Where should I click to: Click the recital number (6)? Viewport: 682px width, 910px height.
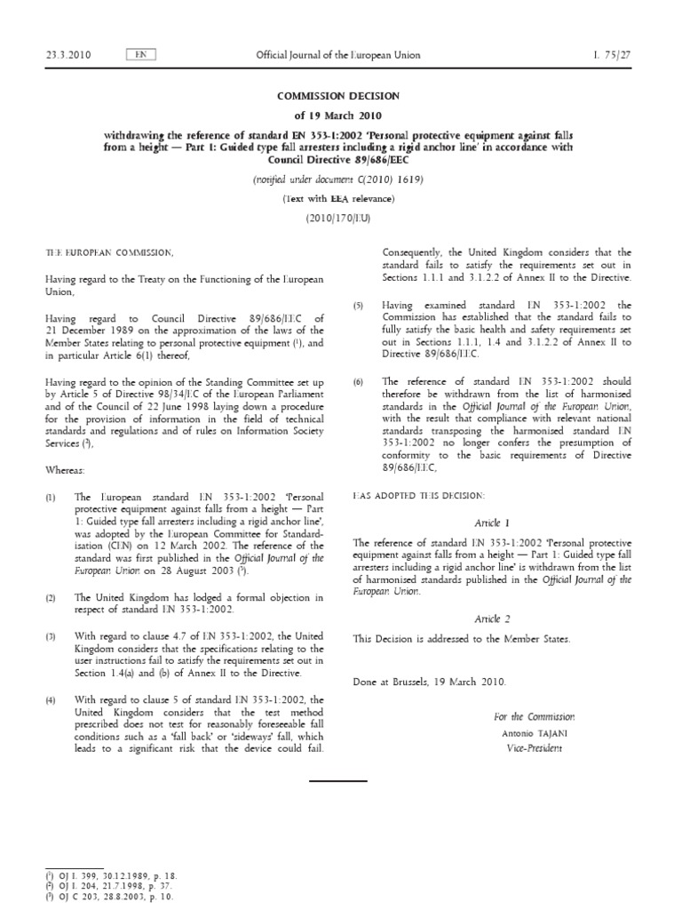point(359,382)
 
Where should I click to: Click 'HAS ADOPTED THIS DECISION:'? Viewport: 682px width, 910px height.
point(420,494)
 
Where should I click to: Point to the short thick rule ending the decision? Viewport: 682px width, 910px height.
point(337,780)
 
